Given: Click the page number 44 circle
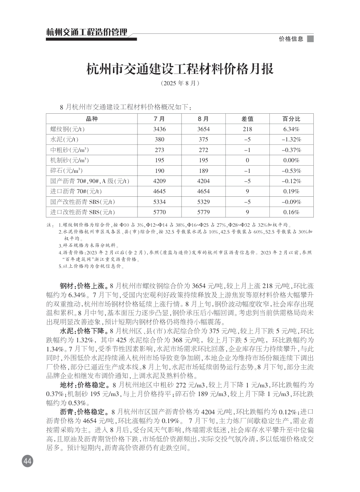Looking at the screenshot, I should (27, 461).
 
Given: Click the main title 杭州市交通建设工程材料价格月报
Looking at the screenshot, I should (180, 69).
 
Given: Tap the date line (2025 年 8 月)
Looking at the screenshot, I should (180, 83).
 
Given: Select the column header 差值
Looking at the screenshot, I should (247, 119).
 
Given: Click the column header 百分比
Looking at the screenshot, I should (291, 119).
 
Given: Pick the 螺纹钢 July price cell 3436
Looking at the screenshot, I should (160, 129).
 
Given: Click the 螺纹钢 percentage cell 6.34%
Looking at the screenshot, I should (291, 129).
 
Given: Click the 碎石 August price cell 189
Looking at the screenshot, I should (203, 171).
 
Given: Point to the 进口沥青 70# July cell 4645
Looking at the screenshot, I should (160, 191).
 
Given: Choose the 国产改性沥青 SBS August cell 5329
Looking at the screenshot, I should (203, 202).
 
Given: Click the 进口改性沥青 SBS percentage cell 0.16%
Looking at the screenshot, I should (291, 212).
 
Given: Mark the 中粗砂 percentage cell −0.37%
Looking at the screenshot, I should (291, 150).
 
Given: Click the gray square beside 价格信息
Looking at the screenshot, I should (310, 39).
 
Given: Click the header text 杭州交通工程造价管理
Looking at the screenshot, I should (87, 32).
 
